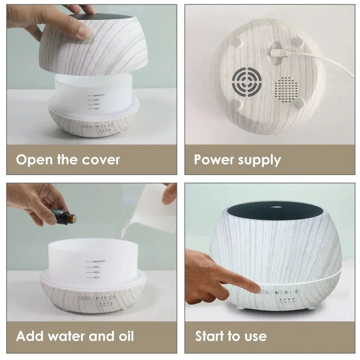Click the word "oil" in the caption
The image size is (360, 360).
click(125, 336)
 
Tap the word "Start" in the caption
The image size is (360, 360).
click(212, 336)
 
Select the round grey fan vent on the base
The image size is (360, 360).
click(245, 83)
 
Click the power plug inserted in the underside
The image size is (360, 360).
click(276, 53)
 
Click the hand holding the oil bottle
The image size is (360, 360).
click(34, 202)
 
